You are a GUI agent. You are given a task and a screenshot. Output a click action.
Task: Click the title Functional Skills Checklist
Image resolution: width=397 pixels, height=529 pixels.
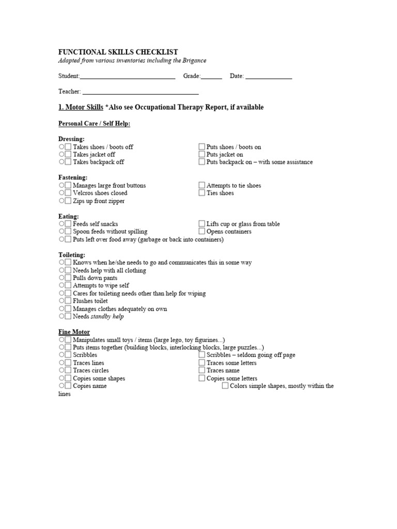tap(118, 52)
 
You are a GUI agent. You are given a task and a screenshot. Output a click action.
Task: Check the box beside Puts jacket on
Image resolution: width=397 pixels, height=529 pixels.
tap(202, 154)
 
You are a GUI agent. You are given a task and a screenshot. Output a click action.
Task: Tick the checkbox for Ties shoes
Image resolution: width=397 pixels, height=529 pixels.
tap(202, 193)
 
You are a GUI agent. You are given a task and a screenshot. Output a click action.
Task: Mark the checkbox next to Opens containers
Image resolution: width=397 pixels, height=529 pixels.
tap(202, 232)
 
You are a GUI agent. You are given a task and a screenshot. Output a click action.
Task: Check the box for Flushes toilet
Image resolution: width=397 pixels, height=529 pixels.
tap(68, 301)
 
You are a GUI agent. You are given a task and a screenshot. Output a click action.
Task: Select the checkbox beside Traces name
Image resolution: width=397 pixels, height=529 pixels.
tap(202, 371)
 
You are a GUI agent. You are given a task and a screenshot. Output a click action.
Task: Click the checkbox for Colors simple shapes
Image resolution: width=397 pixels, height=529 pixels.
tap(225, 386)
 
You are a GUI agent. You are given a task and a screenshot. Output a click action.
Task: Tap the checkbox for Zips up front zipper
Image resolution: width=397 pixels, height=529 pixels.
tap(68, 201)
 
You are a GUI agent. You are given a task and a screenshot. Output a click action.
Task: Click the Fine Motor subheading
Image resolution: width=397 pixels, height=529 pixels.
tap(74, 332)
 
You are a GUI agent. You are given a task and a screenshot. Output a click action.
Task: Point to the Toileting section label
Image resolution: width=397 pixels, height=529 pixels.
tap(72, 255)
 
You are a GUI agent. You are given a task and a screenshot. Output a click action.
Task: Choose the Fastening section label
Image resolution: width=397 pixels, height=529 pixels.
tap(73, 177)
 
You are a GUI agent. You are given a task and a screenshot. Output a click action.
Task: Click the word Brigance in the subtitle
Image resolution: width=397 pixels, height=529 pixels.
tap(194, 60)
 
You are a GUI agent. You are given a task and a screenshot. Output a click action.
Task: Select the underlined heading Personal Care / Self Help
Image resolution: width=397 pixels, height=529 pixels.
tap(94, 123)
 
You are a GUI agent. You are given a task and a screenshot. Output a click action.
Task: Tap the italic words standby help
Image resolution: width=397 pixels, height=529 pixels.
tap(108, 317)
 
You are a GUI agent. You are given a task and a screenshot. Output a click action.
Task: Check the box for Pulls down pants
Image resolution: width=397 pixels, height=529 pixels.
tap(68, 278)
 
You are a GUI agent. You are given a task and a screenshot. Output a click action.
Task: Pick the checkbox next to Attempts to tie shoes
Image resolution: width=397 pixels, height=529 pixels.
tap(202, 185)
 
